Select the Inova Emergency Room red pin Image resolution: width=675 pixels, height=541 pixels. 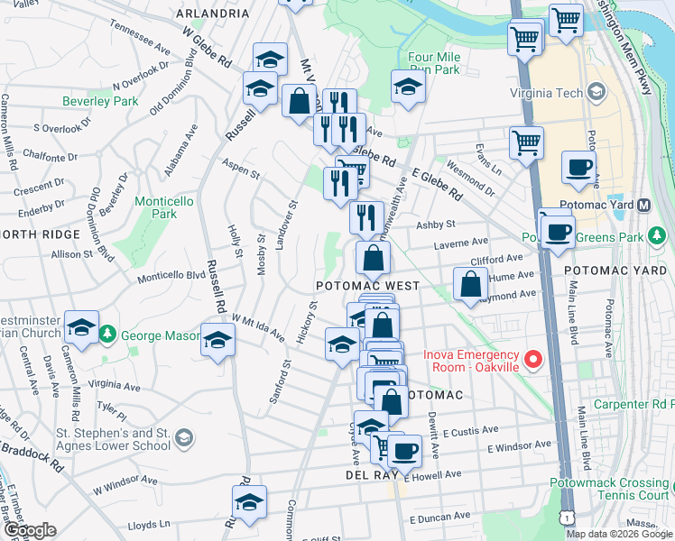point(532,361)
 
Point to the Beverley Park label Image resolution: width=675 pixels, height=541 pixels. point(100,101)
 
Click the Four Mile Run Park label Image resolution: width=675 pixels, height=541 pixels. point(434,62)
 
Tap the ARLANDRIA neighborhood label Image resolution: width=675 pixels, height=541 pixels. point(213,14)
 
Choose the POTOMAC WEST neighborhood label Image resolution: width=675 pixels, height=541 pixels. point(367,286)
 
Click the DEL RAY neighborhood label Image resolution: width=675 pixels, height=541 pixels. point(366,474)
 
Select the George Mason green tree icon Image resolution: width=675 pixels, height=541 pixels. point(106,335)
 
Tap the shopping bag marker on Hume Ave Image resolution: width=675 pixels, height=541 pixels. point(471,283)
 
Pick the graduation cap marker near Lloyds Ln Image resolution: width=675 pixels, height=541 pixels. point(249,502)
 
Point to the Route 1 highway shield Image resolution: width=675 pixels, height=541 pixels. point(564,517)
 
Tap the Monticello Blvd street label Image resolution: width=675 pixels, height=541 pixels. point(172,275)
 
